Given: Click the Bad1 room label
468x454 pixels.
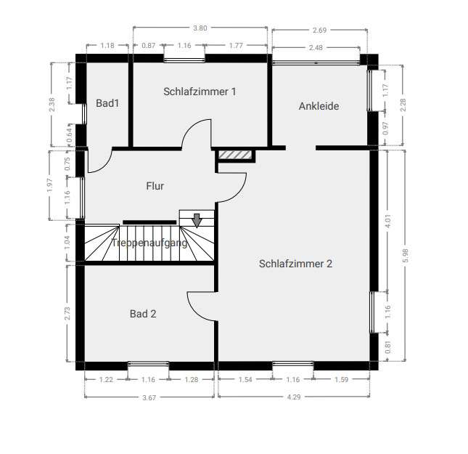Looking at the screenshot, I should (107, 104).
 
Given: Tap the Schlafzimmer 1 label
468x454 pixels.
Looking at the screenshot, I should (200, 92).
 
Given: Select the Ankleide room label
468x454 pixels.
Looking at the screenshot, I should (319, 106).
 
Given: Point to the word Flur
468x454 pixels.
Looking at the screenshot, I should (155, 186).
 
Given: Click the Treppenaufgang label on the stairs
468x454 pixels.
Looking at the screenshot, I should (149, 243).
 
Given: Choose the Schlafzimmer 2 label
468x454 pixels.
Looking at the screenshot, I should (295, 264).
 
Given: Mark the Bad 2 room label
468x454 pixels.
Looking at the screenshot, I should (143, 314).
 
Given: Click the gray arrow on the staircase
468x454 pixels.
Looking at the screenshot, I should (196, 219).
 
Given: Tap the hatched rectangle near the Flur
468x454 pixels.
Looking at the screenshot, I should (235, 155).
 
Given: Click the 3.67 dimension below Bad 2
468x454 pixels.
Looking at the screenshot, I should (149, 397).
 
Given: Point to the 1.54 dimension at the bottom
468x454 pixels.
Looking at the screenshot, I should (245, 379).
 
